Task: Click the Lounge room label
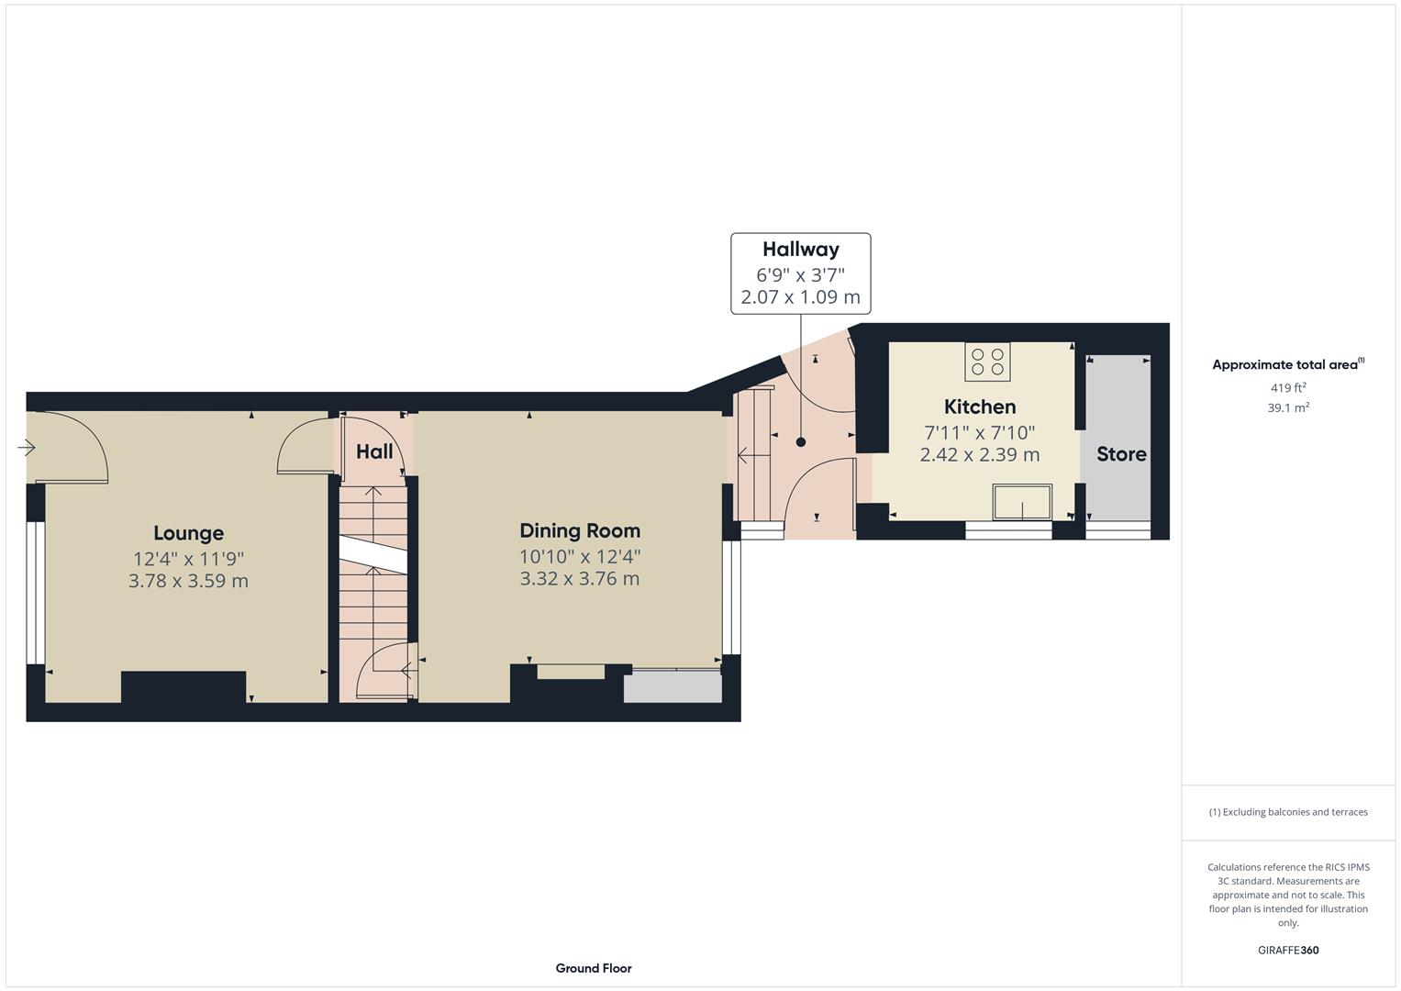[188, 533]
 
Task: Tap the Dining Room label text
[580, 530]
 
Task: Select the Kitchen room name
[980, 406]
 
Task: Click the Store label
[1121, 453]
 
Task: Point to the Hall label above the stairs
[374, 451]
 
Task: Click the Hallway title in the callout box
[800, 249]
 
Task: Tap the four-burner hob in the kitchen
[987, 362]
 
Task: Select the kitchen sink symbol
[1022, 503]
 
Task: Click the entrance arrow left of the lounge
[26, 448]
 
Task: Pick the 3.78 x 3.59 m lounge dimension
[188, 581]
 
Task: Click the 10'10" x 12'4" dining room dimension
[580, 556]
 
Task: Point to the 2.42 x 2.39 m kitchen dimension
[980, 454]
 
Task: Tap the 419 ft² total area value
[1287, 388]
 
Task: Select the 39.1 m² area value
[1287, 408]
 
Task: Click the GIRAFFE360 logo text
[1287, 951]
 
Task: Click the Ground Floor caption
[593, 968]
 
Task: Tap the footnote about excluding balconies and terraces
[1287, 812]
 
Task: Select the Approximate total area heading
[1287, 364]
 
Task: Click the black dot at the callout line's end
[800, 442]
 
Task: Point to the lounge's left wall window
[35, 593]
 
